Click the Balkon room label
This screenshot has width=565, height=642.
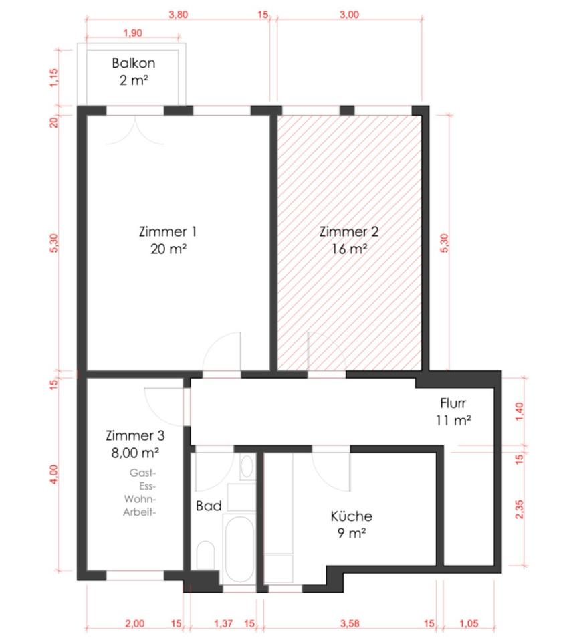(x=134, y=63)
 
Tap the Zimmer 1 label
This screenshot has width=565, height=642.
(x=168, y=232)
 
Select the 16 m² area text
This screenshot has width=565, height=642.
(x=349, y=249)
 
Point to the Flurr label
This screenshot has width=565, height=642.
(x=453, y=403)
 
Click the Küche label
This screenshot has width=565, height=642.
(x=351, y=516)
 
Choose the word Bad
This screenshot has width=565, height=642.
(x=209, y=506)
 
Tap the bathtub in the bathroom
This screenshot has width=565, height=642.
(x=240, y=548)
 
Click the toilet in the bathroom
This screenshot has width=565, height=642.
(x=205, y=556)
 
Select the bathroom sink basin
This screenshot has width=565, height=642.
(x=247, y=466)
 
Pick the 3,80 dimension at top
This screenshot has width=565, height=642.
(x=178, y=15)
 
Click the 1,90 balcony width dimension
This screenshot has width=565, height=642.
(x=132, y=33)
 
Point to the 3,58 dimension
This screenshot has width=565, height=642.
(x=350, y=623)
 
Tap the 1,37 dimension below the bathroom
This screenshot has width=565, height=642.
(x=223, y=623)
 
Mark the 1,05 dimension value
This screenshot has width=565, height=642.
(x=469, y=623)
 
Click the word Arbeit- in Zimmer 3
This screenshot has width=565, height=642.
(x=140, y=512)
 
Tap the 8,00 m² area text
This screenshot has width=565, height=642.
(x=135, y=453)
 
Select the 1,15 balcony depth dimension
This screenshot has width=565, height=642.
(x=54, y=78)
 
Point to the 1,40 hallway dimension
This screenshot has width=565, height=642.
(x=519, y=411)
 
